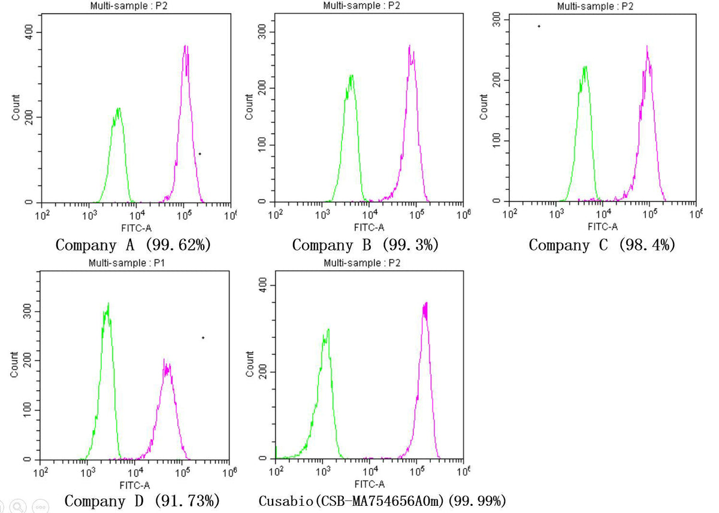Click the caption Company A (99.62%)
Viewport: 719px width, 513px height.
(133, 245)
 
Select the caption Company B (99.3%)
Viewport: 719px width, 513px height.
(365, 245)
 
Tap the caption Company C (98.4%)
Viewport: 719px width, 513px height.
(602, 245)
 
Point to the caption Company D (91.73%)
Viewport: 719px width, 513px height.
(142, 501)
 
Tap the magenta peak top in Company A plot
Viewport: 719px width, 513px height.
(185, 46)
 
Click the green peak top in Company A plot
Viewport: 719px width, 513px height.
(119, 108)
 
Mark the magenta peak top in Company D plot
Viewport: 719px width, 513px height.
(164, 359)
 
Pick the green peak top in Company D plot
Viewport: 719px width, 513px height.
(108, 303)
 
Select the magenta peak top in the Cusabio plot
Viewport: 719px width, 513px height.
(426, 303)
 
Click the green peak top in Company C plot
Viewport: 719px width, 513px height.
(585, 67)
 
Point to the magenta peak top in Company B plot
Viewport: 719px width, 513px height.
(410, 46)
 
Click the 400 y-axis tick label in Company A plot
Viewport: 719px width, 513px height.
(29, 32)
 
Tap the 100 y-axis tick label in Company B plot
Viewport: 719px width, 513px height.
(262, 145)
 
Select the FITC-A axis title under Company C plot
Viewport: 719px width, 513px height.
(603, 227)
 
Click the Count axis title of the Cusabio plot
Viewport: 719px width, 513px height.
(249, 364)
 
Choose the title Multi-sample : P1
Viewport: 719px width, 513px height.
(127, 263)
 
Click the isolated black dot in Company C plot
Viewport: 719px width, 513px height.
(539, 26)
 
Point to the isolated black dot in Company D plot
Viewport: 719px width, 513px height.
(203, 338)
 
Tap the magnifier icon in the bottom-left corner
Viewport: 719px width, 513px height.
(18, 506)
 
